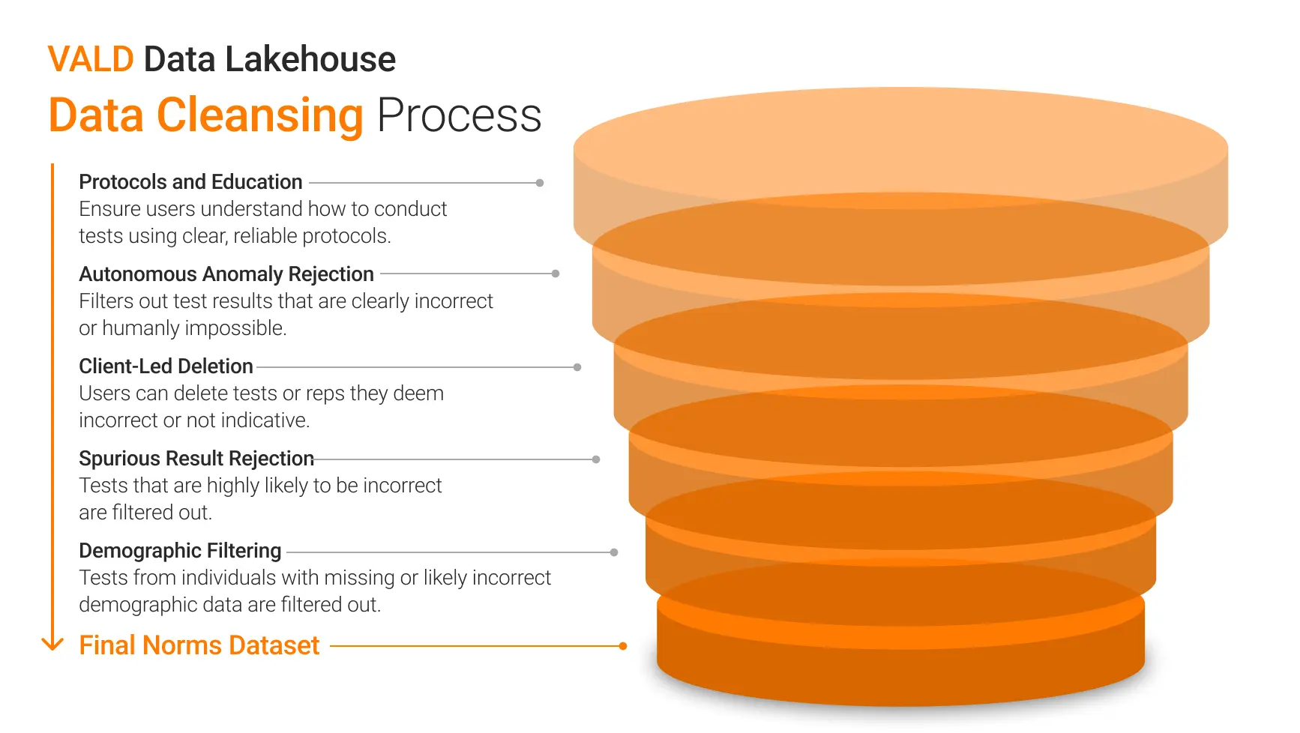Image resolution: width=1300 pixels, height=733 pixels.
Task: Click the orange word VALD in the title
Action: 91,59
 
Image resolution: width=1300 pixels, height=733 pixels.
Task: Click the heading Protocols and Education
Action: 190,182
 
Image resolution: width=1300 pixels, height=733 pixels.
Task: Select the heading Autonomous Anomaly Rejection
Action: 226,274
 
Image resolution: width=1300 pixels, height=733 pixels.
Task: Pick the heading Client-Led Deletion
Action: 166,366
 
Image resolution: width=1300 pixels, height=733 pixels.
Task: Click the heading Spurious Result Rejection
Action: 196,459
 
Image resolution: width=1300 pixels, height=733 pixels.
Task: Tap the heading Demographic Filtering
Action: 180,551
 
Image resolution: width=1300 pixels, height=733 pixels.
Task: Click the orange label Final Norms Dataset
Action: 199,645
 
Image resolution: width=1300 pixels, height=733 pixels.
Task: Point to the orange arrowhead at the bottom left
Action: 52,645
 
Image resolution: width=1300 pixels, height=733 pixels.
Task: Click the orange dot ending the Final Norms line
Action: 623,646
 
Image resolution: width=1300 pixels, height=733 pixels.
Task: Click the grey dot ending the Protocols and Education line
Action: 540,183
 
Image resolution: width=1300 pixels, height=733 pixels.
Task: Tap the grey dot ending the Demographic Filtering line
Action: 614,552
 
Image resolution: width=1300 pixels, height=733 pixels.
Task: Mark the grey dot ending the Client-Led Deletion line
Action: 577,367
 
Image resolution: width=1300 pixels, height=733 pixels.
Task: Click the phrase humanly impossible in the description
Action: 194,328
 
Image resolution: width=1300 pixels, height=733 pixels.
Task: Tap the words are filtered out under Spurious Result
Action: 145,513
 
